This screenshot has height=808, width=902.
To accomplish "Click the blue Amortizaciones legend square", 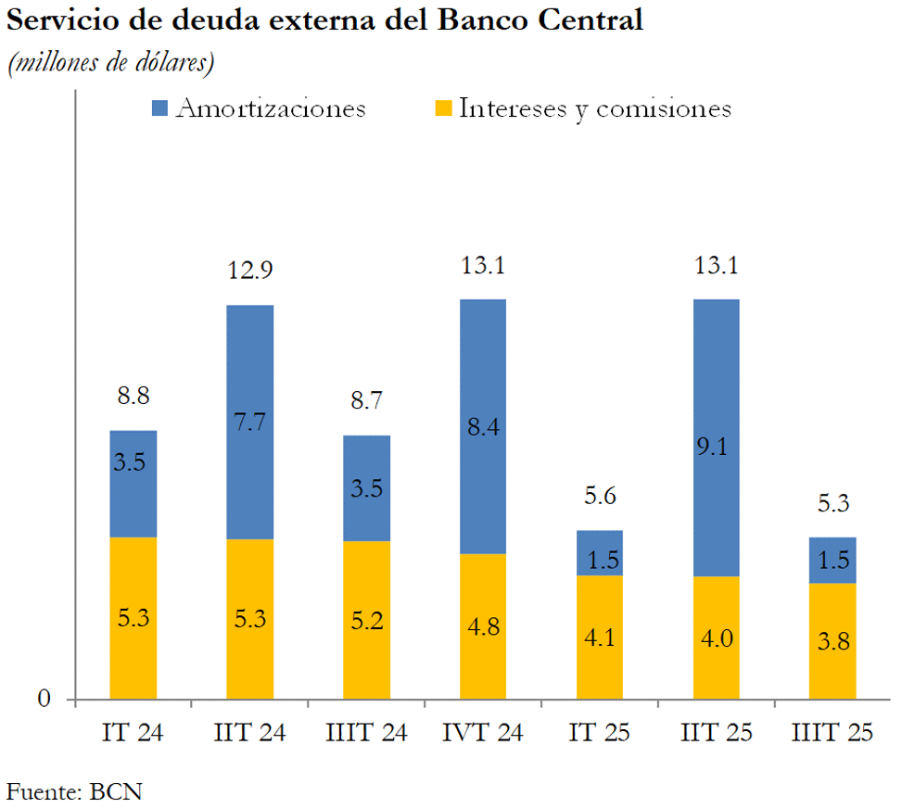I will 159,109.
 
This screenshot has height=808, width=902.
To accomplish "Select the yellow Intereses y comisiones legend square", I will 443,109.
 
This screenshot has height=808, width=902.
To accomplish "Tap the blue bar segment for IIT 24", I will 250,422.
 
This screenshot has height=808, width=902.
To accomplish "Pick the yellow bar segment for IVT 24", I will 483,626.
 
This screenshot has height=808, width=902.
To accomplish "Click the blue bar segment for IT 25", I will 600,553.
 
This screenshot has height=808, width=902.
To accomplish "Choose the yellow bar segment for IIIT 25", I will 832,640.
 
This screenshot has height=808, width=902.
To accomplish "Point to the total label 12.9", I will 250,271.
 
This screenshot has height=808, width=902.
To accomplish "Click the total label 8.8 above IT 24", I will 133,396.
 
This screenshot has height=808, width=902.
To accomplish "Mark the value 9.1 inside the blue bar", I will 717,447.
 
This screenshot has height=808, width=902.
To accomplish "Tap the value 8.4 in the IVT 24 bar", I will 483,427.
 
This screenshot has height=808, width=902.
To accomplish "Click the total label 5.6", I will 600,497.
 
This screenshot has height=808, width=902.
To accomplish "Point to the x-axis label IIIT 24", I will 367,733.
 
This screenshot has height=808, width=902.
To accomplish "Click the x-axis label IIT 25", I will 717,733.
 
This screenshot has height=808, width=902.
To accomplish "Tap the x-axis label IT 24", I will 133,733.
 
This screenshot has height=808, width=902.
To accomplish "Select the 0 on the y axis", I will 44,700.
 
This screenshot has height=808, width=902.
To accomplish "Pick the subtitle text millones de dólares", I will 111,64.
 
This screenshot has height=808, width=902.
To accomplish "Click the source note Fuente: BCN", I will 75,790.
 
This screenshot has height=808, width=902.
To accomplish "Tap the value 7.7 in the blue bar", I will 250,422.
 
